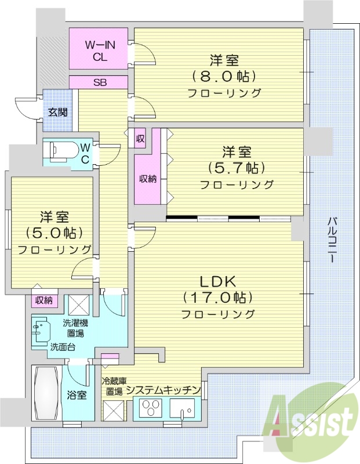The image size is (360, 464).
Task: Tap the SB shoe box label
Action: pyautogui.click(x=100, y=82)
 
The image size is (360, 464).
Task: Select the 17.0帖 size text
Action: pyautogui.click(x=217, y=298)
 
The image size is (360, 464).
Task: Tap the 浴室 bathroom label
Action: pyautogui.click(x=77, y=395)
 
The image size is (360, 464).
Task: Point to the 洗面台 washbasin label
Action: pyautogui.click(x=61, y=347)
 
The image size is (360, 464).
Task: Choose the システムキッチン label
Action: pyautogui.click(x=163, y=389)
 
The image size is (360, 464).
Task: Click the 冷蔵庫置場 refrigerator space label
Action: pyautogui.click(x=113, y=386)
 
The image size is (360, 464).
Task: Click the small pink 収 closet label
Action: pyautogui.click(x=140, y=139)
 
